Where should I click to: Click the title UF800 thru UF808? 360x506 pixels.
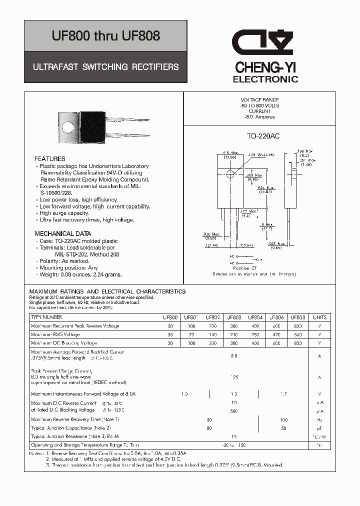pos(106,35)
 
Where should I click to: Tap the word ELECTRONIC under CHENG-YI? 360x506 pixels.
pos(265,79)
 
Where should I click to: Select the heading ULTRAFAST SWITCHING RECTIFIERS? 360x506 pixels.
pos(106,66)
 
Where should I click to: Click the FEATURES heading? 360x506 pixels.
pos(50,159)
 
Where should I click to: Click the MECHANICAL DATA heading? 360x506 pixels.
pos(63,233)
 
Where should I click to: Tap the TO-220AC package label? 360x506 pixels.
pos(263,136)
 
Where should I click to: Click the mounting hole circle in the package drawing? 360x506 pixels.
pos(230,174)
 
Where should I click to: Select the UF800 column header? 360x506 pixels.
pos(170,317)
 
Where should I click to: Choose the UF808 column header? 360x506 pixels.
pos(298,317)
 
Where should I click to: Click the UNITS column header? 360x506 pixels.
pos(319,317)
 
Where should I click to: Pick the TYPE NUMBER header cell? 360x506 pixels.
pos(46,317)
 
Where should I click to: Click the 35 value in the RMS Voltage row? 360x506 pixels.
pos(170,334)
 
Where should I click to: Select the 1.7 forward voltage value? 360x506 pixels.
pos(284,394)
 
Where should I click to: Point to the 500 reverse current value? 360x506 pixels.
pos(234,411)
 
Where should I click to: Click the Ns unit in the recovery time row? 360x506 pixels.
pos(319,420)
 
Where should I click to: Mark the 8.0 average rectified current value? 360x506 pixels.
pos(234,356)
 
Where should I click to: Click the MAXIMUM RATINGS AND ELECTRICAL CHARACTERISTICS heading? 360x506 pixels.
pos(107,291)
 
